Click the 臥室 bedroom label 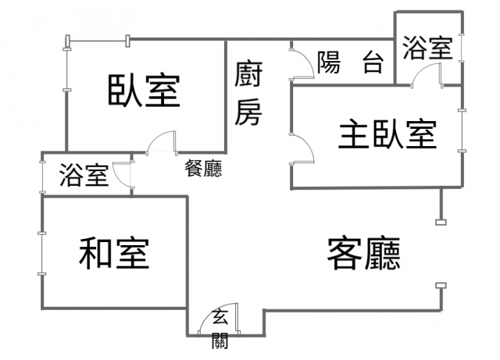point(144,91)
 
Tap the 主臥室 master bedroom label point(387,134)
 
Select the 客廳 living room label point(363,254)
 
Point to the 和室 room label point(114,254)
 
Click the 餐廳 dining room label point(203,168)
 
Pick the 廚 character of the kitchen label point(248,74)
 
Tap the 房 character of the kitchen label point(248,112)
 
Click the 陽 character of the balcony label point(329,62)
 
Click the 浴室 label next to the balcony point(427,48)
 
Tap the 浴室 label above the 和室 point(84,175)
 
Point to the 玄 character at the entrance point(220,316)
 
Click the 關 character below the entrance point(220,340)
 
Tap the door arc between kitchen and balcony point(309,57)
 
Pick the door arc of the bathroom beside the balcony point(420,68)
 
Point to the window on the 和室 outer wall point(41,254)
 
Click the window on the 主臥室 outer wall point(462,130)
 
